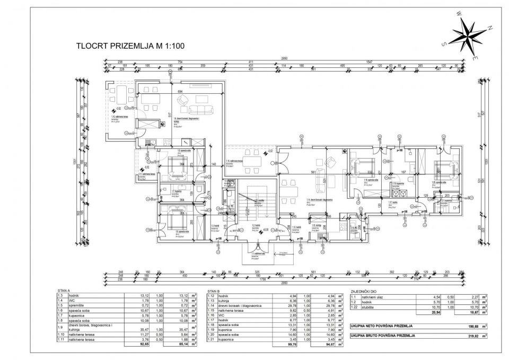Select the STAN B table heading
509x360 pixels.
coord(214,292)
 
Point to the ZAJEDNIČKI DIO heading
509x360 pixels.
coord(366,292)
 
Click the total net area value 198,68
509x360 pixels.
coord(466,327)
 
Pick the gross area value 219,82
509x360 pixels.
coord(466,336)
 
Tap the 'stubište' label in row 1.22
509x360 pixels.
coord(365,308)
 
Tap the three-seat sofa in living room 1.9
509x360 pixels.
coord(199,110)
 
